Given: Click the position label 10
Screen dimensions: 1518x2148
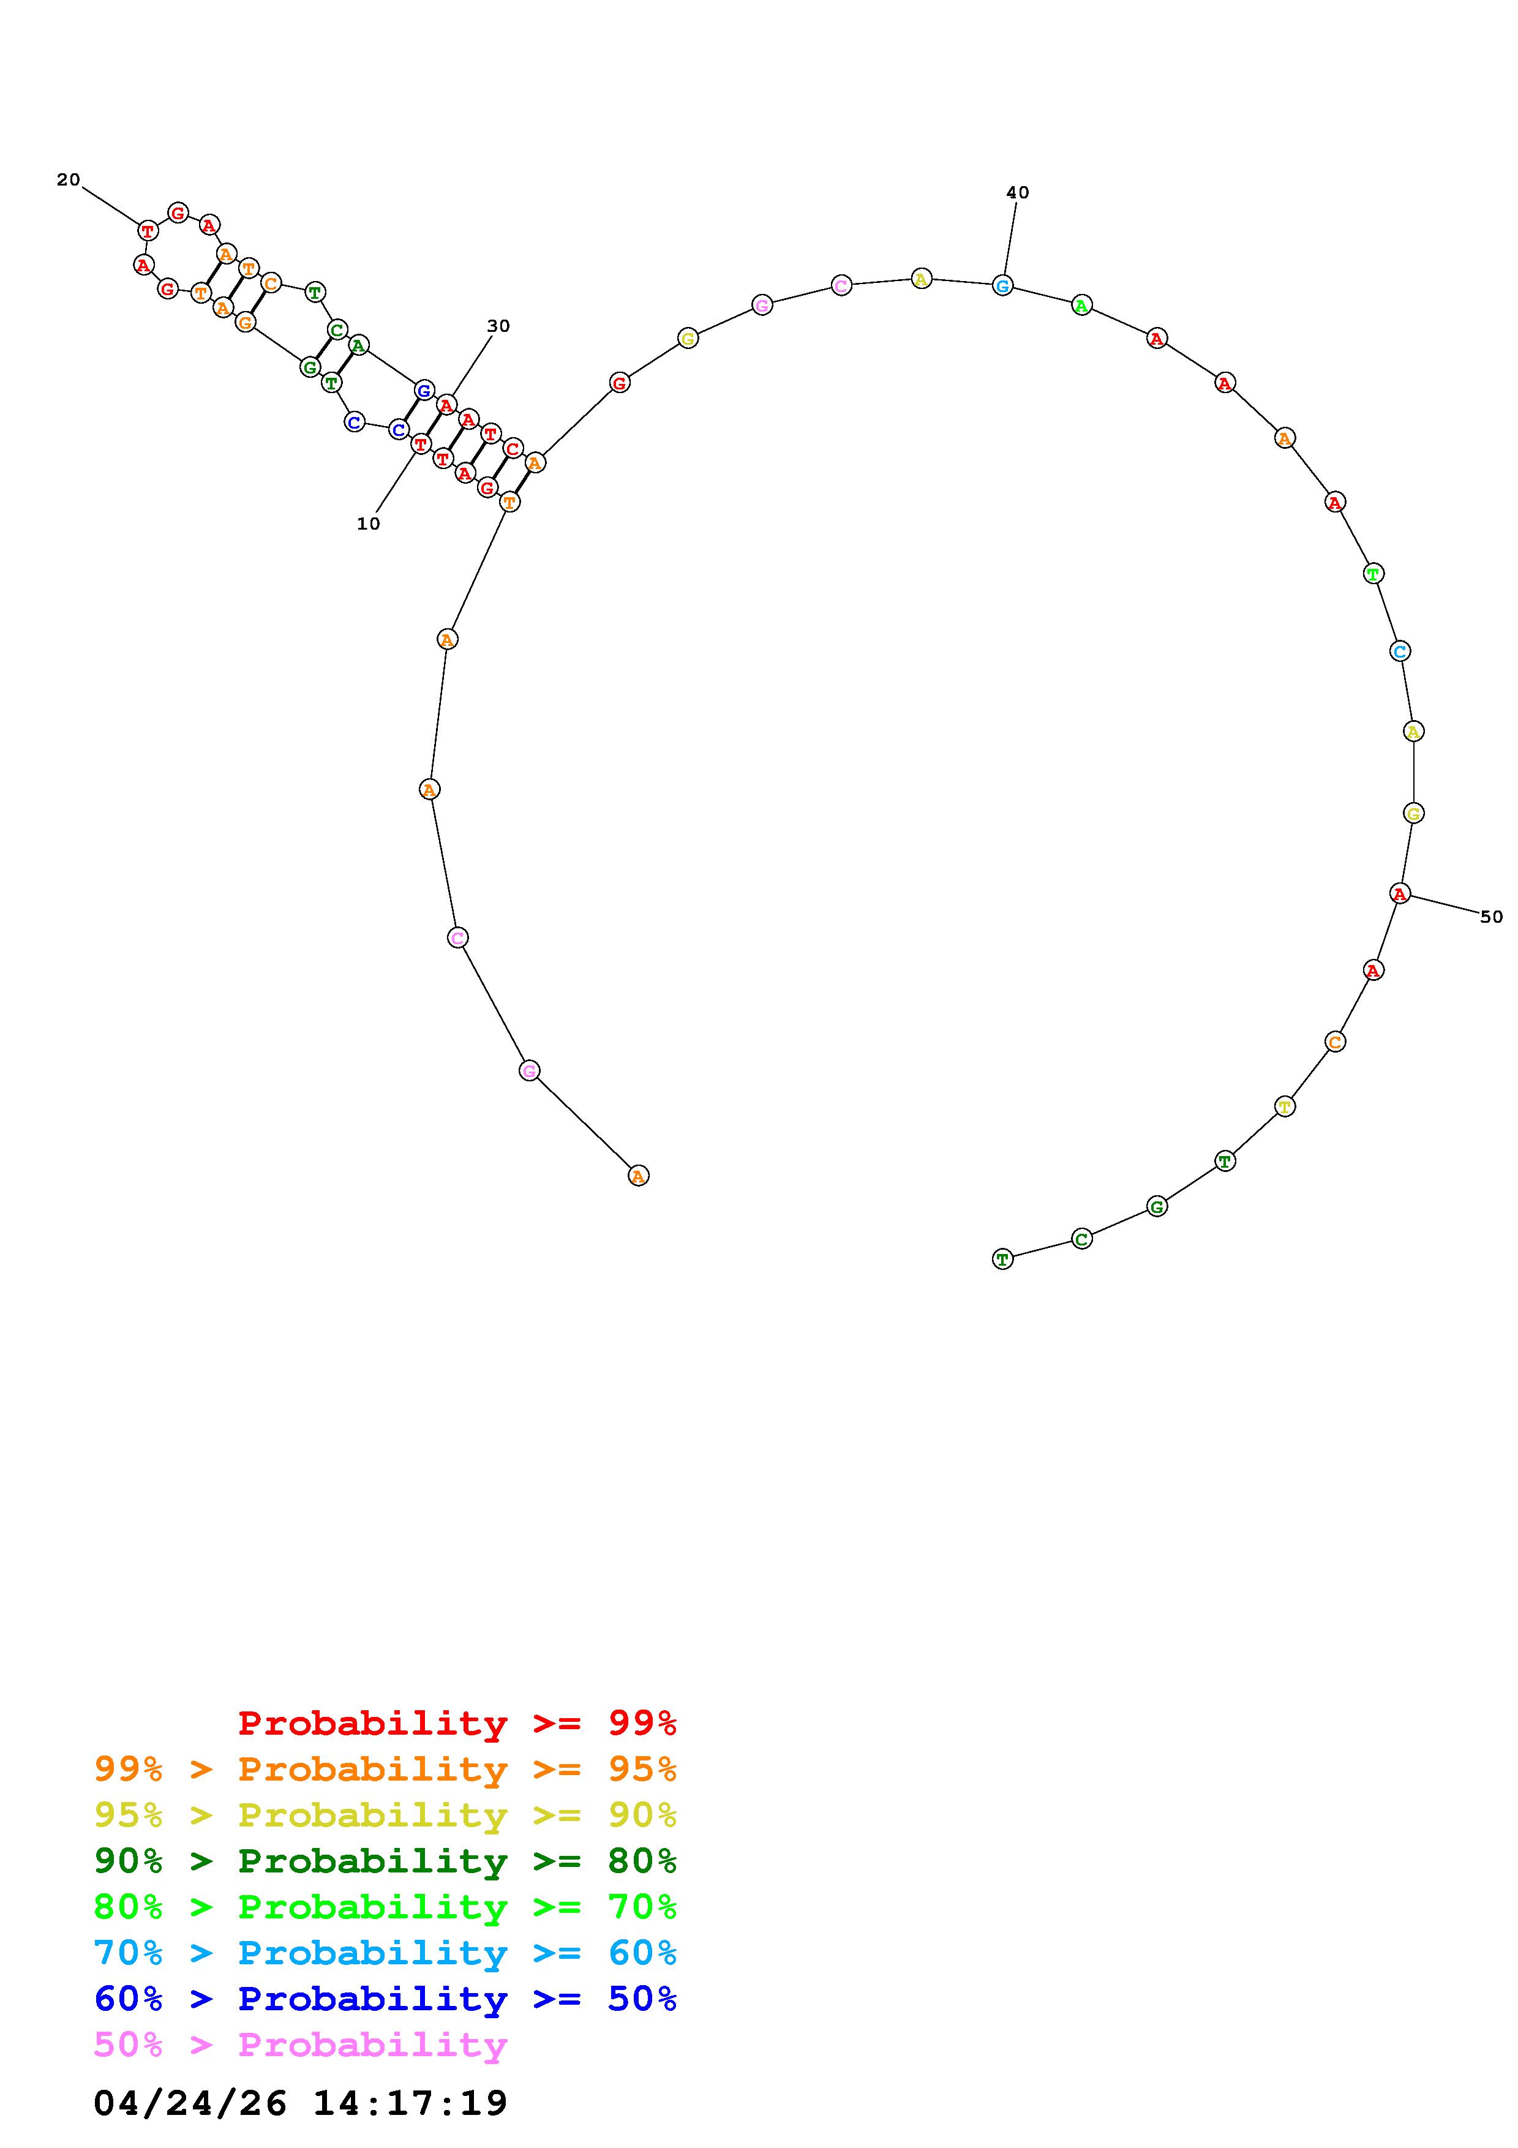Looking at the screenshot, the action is pos(369,524).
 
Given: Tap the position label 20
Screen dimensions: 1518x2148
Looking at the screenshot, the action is pos(69,179).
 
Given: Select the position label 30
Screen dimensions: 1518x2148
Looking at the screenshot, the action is pos(498,326).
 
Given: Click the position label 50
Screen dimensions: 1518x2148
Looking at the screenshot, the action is pos(1491,917).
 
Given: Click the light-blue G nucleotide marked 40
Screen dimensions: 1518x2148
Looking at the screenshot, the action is pos(1002,285).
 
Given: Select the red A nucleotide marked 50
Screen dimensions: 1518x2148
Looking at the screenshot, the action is pos(1399,893).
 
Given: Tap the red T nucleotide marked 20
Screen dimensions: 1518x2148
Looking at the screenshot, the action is pos(147,230).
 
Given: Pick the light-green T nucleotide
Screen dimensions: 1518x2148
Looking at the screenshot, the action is pos(1373,574).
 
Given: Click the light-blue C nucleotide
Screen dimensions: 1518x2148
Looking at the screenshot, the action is pos(1399,651).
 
